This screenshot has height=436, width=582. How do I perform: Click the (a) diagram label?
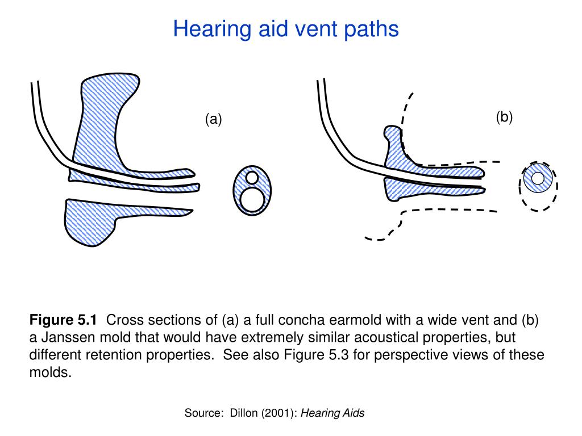point(214,119)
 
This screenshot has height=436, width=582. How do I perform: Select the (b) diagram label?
point(504,117)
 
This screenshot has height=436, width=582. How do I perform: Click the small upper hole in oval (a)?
point(252,178)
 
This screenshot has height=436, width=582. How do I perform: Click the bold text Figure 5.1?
point(64,319)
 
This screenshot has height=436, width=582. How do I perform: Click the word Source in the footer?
point(203,413)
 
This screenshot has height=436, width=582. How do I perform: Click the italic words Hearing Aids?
point(332,413)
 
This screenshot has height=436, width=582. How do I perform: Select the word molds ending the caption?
point(51,373)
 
